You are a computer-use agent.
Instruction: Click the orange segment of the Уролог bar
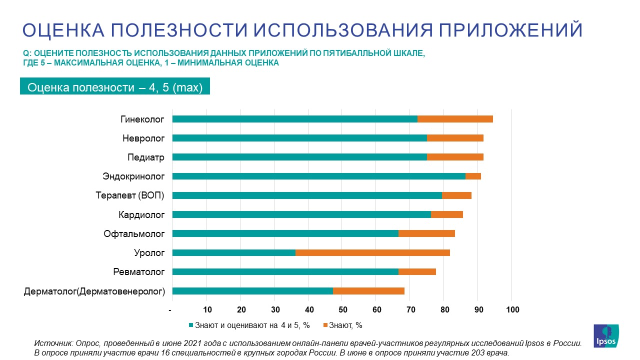pos(372,252)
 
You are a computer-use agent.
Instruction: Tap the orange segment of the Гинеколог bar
pos(455,119)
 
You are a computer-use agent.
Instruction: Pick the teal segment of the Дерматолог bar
pos(252,291)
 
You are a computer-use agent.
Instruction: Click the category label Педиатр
pos(146,157)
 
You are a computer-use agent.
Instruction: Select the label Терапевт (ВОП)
pos(130,195)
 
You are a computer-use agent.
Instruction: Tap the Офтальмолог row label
pos(134,233)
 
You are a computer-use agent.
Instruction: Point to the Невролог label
pos(143,138)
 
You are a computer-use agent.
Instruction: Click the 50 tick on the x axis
pos(343,310)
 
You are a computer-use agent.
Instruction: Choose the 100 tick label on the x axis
pos(512,310)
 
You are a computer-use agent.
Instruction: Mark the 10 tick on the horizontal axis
pos(207,310)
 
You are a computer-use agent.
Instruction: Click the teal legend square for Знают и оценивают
pos(190,325)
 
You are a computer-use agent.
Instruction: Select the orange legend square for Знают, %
pos(326,325)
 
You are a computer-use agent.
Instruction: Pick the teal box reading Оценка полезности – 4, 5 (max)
pos(115,87)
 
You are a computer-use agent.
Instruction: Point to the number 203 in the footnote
pos(474,353)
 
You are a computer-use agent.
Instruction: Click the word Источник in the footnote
pos(51,343)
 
